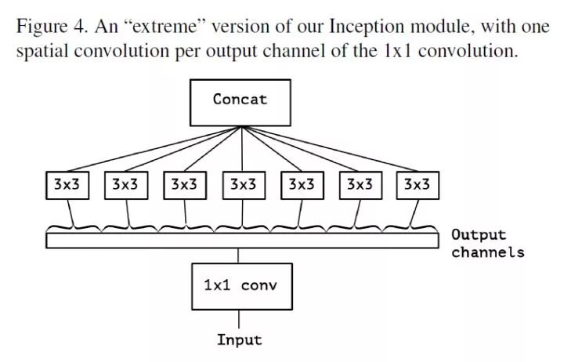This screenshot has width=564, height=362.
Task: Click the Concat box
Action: click(240, 101)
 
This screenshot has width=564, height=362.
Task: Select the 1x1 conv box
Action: click(240, 286)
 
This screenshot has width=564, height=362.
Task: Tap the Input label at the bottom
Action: click(239, 340)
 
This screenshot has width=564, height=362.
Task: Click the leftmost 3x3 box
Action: click(65, 185)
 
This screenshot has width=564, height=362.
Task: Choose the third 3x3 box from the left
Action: click(184, 185)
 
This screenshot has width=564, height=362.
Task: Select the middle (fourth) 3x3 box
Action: click(242, 185)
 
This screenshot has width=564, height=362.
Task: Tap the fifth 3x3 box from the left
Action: click(301, 185)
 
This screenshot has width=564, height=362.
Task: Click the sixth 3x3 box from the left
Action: click(359, 185)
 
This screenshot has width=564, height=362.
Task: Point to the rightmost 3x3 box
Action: click(417, 185)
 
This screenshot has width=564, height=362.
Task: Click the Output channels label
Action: click(486, 243)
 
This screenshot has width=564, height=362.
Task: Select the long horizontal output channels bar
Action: click(243, 240)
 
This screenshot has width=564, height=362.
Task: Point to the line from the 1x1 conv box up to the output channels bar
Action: click(240, 255)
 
